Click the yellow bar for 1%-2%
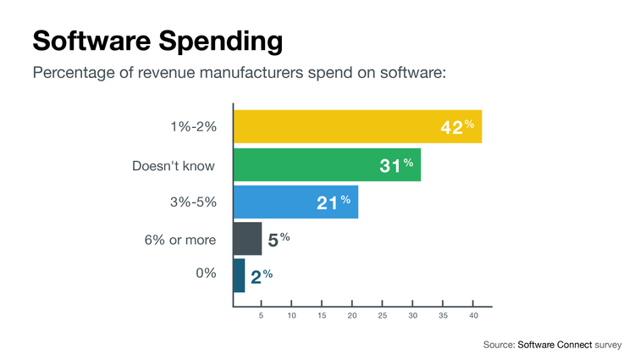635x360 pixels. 356,127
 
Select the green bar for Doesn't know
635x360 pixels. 326,164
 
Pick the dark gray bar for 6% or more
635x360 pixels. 247,239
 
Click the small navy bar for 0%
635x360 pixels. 239,275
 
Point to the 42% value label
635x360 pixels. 457,127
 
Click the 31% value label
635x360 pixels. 396,165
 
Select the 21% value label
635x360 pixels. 334,202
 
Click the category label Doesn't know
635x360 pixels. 174,165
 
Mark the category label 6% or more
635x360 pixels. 179,240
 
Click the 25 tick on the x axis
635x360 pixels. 383,316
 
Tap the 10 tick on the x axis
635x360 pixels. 292,316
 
